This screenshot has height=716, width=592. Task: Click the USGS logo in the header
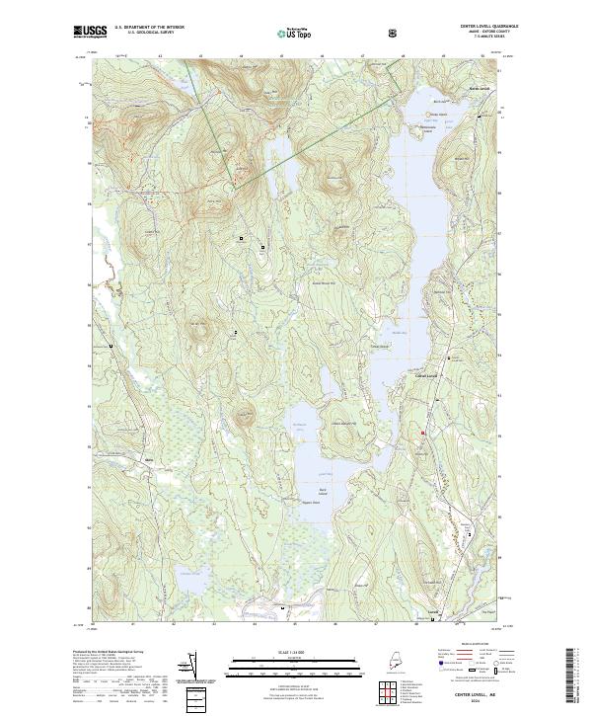(91, 33)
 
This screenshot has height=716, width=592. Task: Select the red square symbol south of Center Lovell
(424, 433)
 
